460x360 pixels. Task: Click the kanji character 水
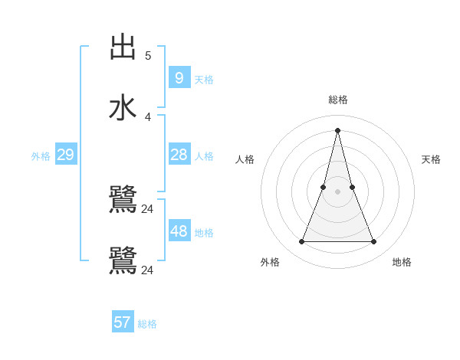point(123,108)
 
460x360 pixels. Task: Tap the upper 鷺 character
point(123,200)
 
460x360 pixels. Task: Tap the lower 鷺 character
point(123,261)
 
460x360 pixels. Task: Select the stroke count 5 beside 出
point(148,55)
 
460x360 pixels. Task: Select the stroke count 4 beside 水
point(148,116)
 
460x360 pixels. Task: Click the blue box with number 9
point(179,77)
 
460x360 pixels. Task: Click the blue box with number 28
point(179,155)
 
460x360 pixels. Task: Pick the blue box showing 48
point(179,231)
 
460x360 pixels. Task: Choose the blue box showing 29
point(65,155)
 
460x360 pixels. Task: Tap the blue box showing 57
point(123,322)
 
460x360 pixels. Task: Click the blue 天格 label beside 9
point(204,79)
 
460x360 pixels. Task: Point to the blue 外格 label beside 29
point(41,156)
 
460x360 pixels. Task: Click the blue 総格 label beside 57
point(147,324)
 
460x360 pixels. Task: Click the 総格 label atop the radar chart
point(337,100)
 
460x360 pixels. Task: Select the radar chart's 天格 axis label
point(431,159)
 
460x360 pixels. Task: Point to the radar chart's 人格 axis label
point(245,159)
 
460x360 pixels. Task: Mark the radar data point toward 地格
point(374,242)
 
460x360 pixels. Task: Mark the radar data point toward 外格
point(301,242)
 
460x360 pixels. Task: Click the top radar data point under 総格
point(337,130)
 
